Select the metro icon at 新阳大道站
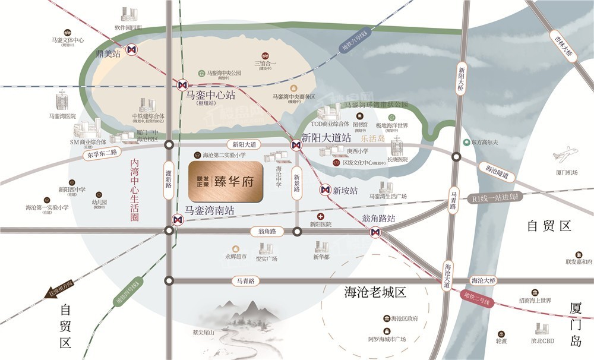(x=295, y=144)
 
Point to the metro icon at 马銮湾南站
(x=176, y=220)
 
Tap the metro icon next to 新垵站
(x=324, y=190)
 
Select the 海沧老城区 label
(x=375, y=292)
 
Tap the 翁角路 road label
(x=263, y=231)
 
